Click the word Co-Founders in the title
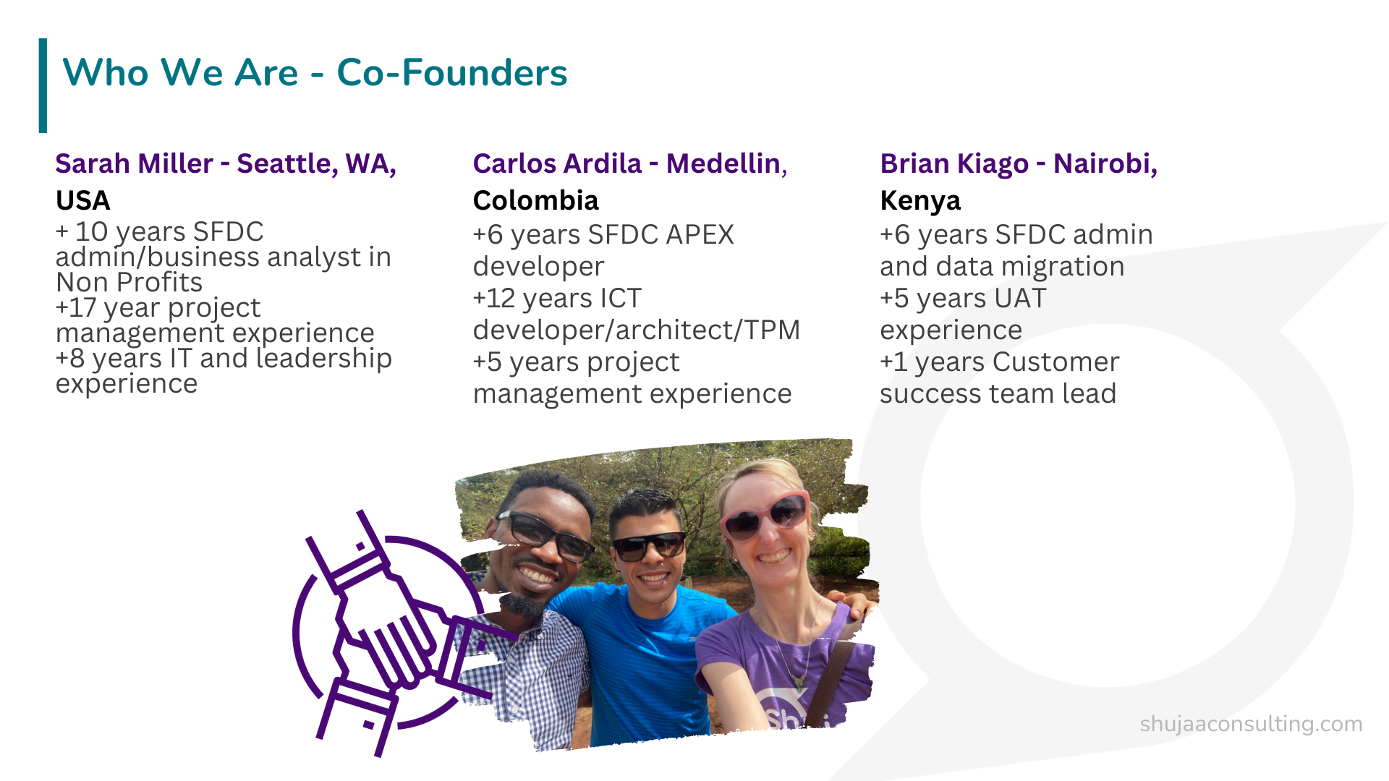[x=452, y=73]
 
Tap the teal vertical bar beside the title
[x=43, y=85]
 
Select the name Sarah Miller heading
[x=135, y=164]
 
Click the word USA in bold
[x=83, y=200]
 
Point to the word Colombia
[x=536, y=200]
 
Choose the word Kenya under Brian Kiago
[x=920, y=201]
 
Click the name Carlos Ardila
[x=557, y=164]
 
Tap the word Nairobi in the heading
[x=1105, y=164]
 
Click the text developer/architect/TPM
[x=637, y=330]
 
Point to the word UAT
[x=1020, y=299]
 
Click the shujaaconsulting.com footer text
[x=1251, y=724]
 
